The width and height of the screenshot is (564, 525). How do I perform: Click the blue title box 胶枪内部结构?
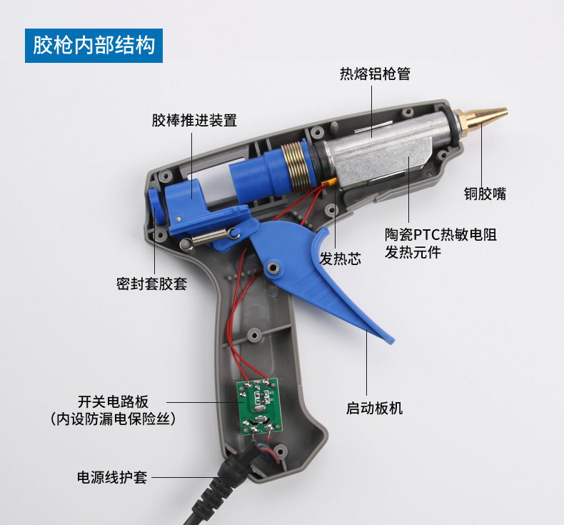click(x=94, y=46)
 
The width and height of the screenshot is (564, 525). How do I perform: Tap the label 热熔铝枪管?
click(x=375, y=74)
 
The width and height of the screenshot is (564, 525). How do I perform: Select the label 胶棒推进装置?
click(x=194, y=120)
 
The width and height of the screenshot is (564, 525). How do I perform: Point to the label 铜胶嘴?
click(x=485, y=194)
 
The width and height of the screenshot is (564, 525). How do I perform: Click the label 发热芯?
click(x=341, y=259)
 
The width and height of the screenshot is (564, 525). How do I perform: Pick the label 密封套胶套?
click(x=151, y=284)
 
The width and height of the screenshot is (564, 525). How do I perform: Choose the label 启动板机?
click(x=374, y=408)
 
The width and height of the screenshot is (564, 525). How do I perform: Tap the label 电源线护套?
click(x=112, y=477)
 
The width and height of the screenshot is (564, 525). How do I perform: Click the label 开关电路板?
click(x=113, y=401)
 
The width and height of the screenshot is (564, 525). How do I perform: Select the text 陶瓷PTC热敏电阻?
click(x=440, y=234)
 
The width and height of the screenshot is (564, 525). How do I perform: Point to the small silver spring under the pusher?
click(x=210, y=237)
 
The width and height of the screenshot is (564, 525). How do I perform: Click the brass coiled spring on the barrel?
click(x=295, y=166)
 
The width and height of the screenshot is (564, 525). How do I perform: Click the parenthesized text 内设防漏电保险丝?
click(x=113, y=419)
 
